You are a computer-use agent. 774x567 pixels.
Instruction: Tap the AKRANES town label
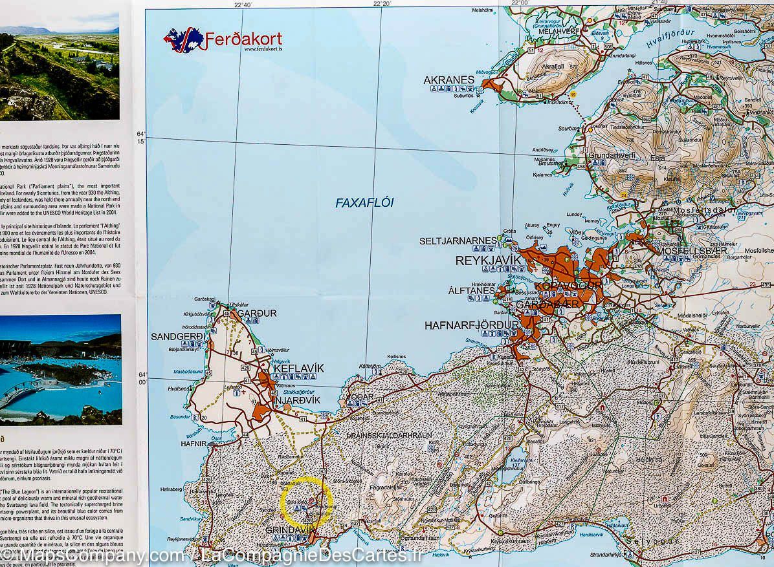pyautogui.click(x=448, y=81)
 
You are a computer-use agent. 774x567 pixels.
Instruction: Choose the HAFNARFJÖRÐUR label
pyautogui.click(x=471, y=325)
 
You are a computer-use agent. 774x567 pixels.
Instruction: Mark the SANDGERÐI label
pyautogui.click(x=178, y=336)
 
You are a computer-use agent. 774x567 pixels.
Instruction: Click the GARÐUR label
pyautogui.click(x=257, y=314)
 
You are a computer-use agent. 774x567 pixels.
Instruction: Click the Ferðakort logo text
pyautogui.click(x=243, y=40)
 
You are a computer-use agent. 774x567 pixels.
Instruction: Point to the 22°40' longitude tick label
pyautogui.click(x=243, y=5)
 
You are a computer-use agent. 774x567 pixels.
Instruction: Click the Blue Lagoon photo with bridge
pyautogui.click(x=61, y=369)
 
